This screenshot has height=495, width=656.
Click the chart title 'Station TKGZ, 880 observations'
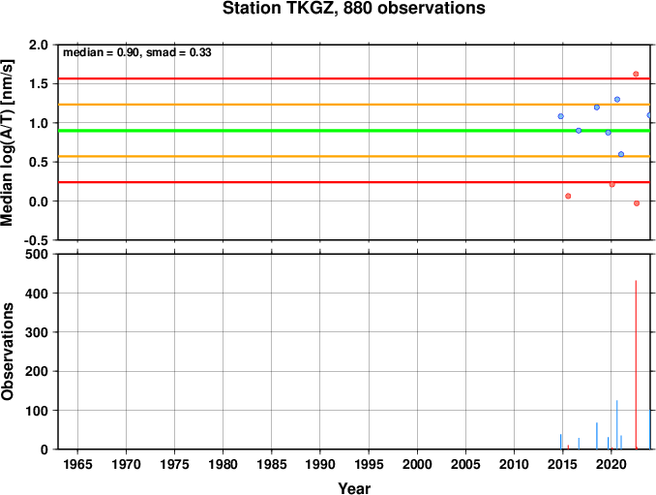[353, 8]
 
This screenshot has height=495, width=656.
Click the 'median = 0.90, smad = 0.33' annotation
[137, 52]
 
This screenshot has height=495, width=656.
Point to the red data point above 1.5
[636, 75]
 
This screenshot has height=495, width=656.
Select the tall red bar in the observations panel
[636, 365]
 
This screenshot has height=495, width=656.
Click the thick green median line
[354, 131]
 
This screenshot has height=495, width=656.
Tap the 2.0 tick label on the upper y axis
[39, 45]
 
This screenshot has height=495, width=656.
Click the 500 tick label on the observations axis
[37, 254]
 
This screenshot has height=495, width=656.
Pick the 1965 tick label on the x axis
[77, 464]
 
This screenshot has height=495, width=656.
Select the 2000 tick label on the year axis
[417, 464]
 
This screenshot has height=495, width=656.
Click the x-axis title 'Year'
[354, 488]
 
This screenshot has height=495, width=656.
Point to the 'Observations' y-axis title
[8, 352]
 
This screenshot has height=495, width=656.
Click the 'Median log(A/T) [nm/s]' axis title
[8, 142]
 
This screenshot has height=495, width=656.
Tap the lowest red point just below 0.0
[637, 203]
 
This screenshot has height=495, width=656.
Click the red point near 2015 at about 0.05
[568, 196]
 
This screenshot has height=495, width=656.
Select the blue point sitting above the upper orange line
[617, 100]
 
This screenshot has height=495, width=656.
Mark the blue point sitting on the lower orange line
[621, 155]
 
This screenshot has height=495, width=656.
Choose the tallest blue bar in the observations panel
[617, 424]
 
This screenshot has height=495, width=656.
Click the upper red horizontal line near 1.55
[354, 78]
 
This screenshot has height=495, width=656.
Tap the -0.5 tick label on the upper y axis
[36, 240]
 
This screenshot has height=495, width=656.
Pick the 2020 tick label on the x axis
[611, 464]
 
